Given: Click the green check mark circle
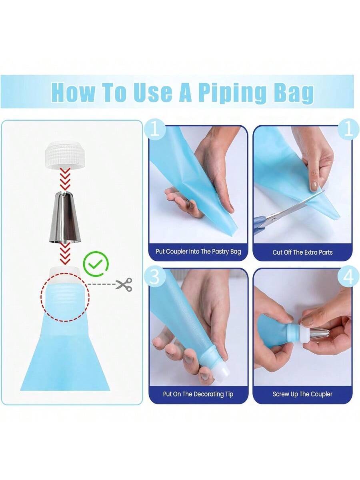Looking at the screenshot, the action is click(96, 264).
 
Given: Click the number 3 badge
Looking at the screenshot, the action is click(155, 277).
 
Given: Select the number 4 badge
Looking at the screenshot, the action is click(348, 278).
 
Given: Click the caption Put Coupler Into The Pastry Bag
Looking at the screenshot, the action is click(198, 252).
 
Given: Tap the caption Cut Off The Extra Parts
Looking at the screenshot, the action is click(302, 252).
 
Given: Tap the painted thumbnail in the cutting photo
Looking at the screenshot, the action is click(314, 186).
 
